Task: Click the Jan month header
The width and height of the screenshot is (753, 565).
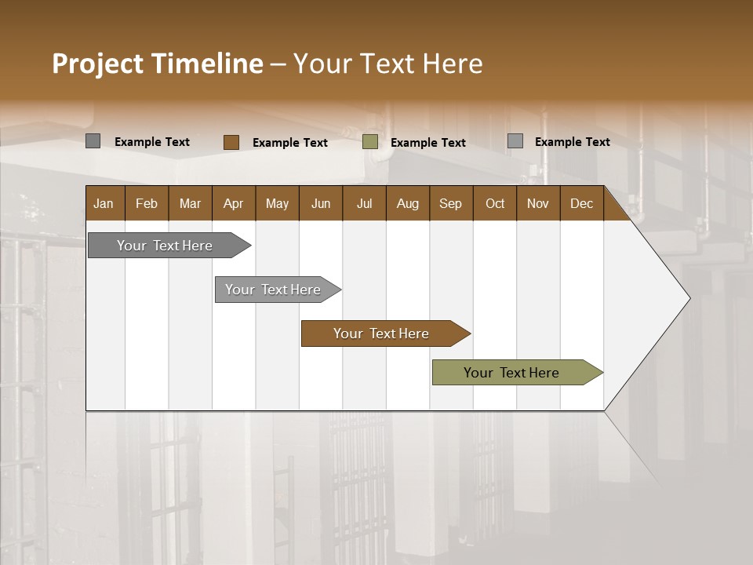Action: (104, 203)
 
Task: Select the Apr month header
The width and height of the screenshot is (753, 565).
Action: (234, 203)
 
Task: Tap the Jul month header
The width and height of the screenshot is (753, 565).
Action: (364, 203)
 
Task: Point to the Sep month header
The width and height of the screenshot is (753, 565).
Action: (451, 203)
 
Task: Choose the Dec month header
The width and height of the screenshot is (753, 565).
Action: (581, 203)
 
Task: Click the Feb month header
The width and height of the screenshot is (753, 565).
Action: (147, 203)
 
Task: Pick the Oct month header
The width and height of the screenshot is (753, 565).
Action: (495, 203)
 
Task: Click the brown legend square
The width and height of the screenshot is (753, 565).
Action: (231, 142)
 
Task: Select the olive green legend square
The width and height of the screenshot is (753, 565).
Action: (370, 142)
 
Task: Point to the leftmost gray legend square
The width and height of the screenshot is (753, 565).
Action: (93, 141)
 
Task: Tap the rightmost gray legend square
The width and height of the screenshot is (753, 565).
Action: (515, 141)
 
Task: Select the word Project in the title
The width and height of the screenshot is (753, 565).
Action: (97, 64)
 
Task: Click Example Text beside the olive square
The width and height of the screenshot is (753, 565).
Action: (427, 142)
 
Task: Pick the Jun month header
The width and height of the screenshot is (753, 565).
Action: (321, 203)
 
